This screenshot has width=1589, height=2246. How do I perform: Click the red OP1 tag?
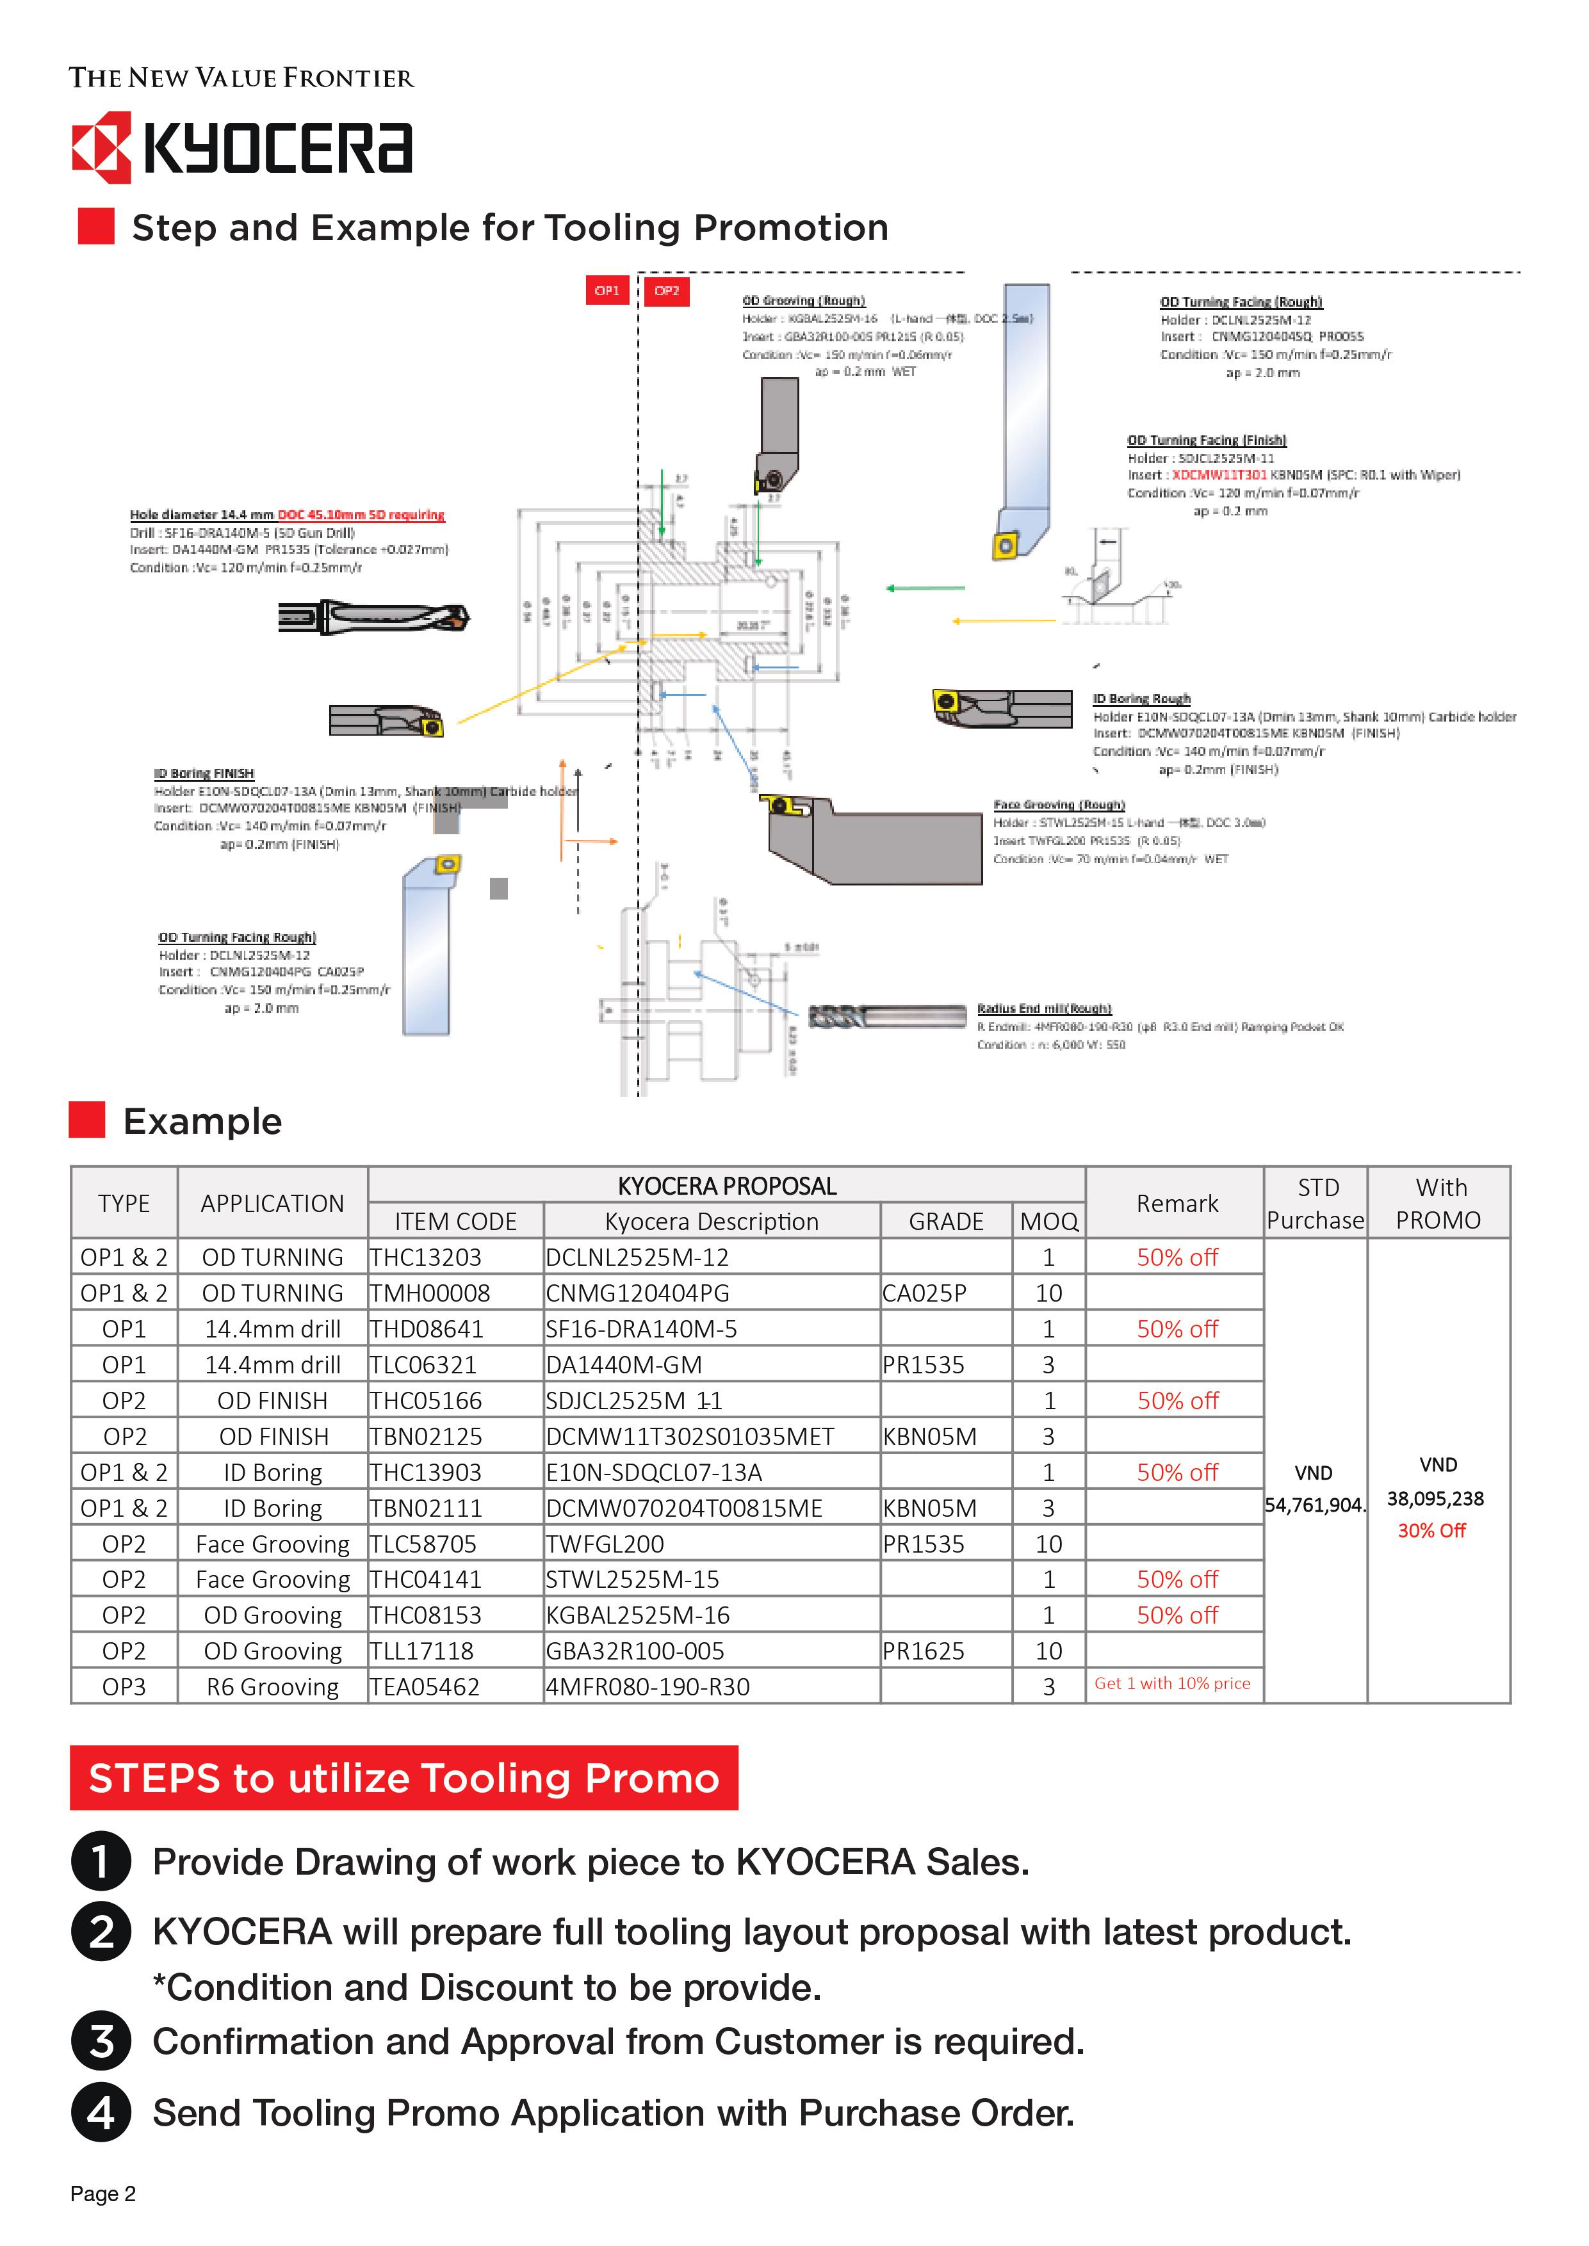[x=607, y=291]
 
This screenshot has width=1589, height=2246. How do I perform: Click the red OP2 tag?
[x=666, y=291]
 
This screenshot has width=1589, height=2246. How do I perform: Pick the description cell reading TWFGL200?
[x=605, y=1544]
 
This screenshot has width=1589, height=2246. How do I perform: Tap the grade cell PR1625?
[x=923, y=1651]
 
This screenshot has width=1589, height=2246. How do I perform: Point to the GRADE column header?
[x=945, y=1221]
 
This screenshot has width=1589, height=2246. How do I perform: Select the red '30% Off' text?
[x=1431, y=1531]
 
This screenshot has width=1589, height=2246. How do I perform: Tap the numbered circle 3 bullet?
[x=101, y=2042]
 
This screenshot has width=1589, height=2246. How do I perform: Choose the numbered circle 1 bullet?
[x=101, y=1862]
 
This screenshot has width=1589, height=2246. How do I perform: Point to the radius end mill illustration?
[x=886, y=1017]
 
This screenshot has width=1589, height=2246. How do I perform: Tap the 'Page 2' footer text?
[x=102, y=2194]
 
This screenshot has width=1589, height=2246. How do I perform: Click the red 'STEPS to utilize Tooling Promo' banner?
[x=403, y=1777]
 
